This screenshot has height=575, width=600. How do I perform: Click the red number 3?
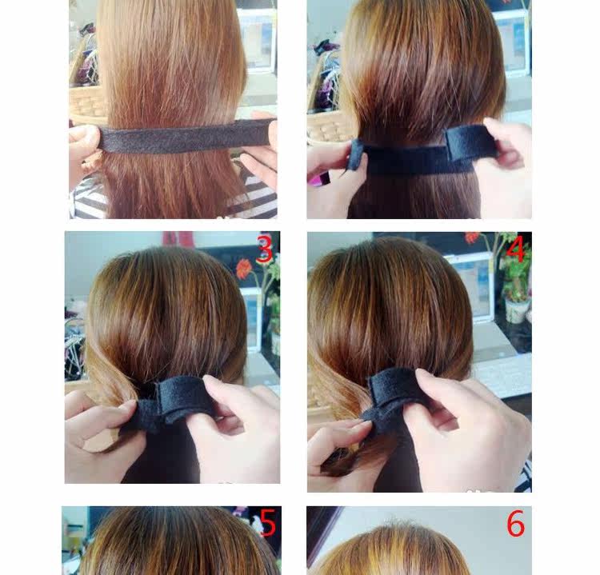(x=264, y=250)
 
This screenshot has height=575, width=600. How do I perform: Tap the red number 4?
(x=516, y=250)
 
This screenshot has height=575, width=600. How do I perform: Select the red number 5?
(x=267, y=524)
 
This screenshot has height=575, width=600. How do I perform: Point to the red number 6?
(x=516, y=525)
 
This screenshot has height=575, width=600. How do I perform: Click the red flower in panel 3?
(x=244, y=269)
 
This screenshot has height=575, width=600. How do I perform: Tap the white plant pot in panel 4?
(x=517, y=310)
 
